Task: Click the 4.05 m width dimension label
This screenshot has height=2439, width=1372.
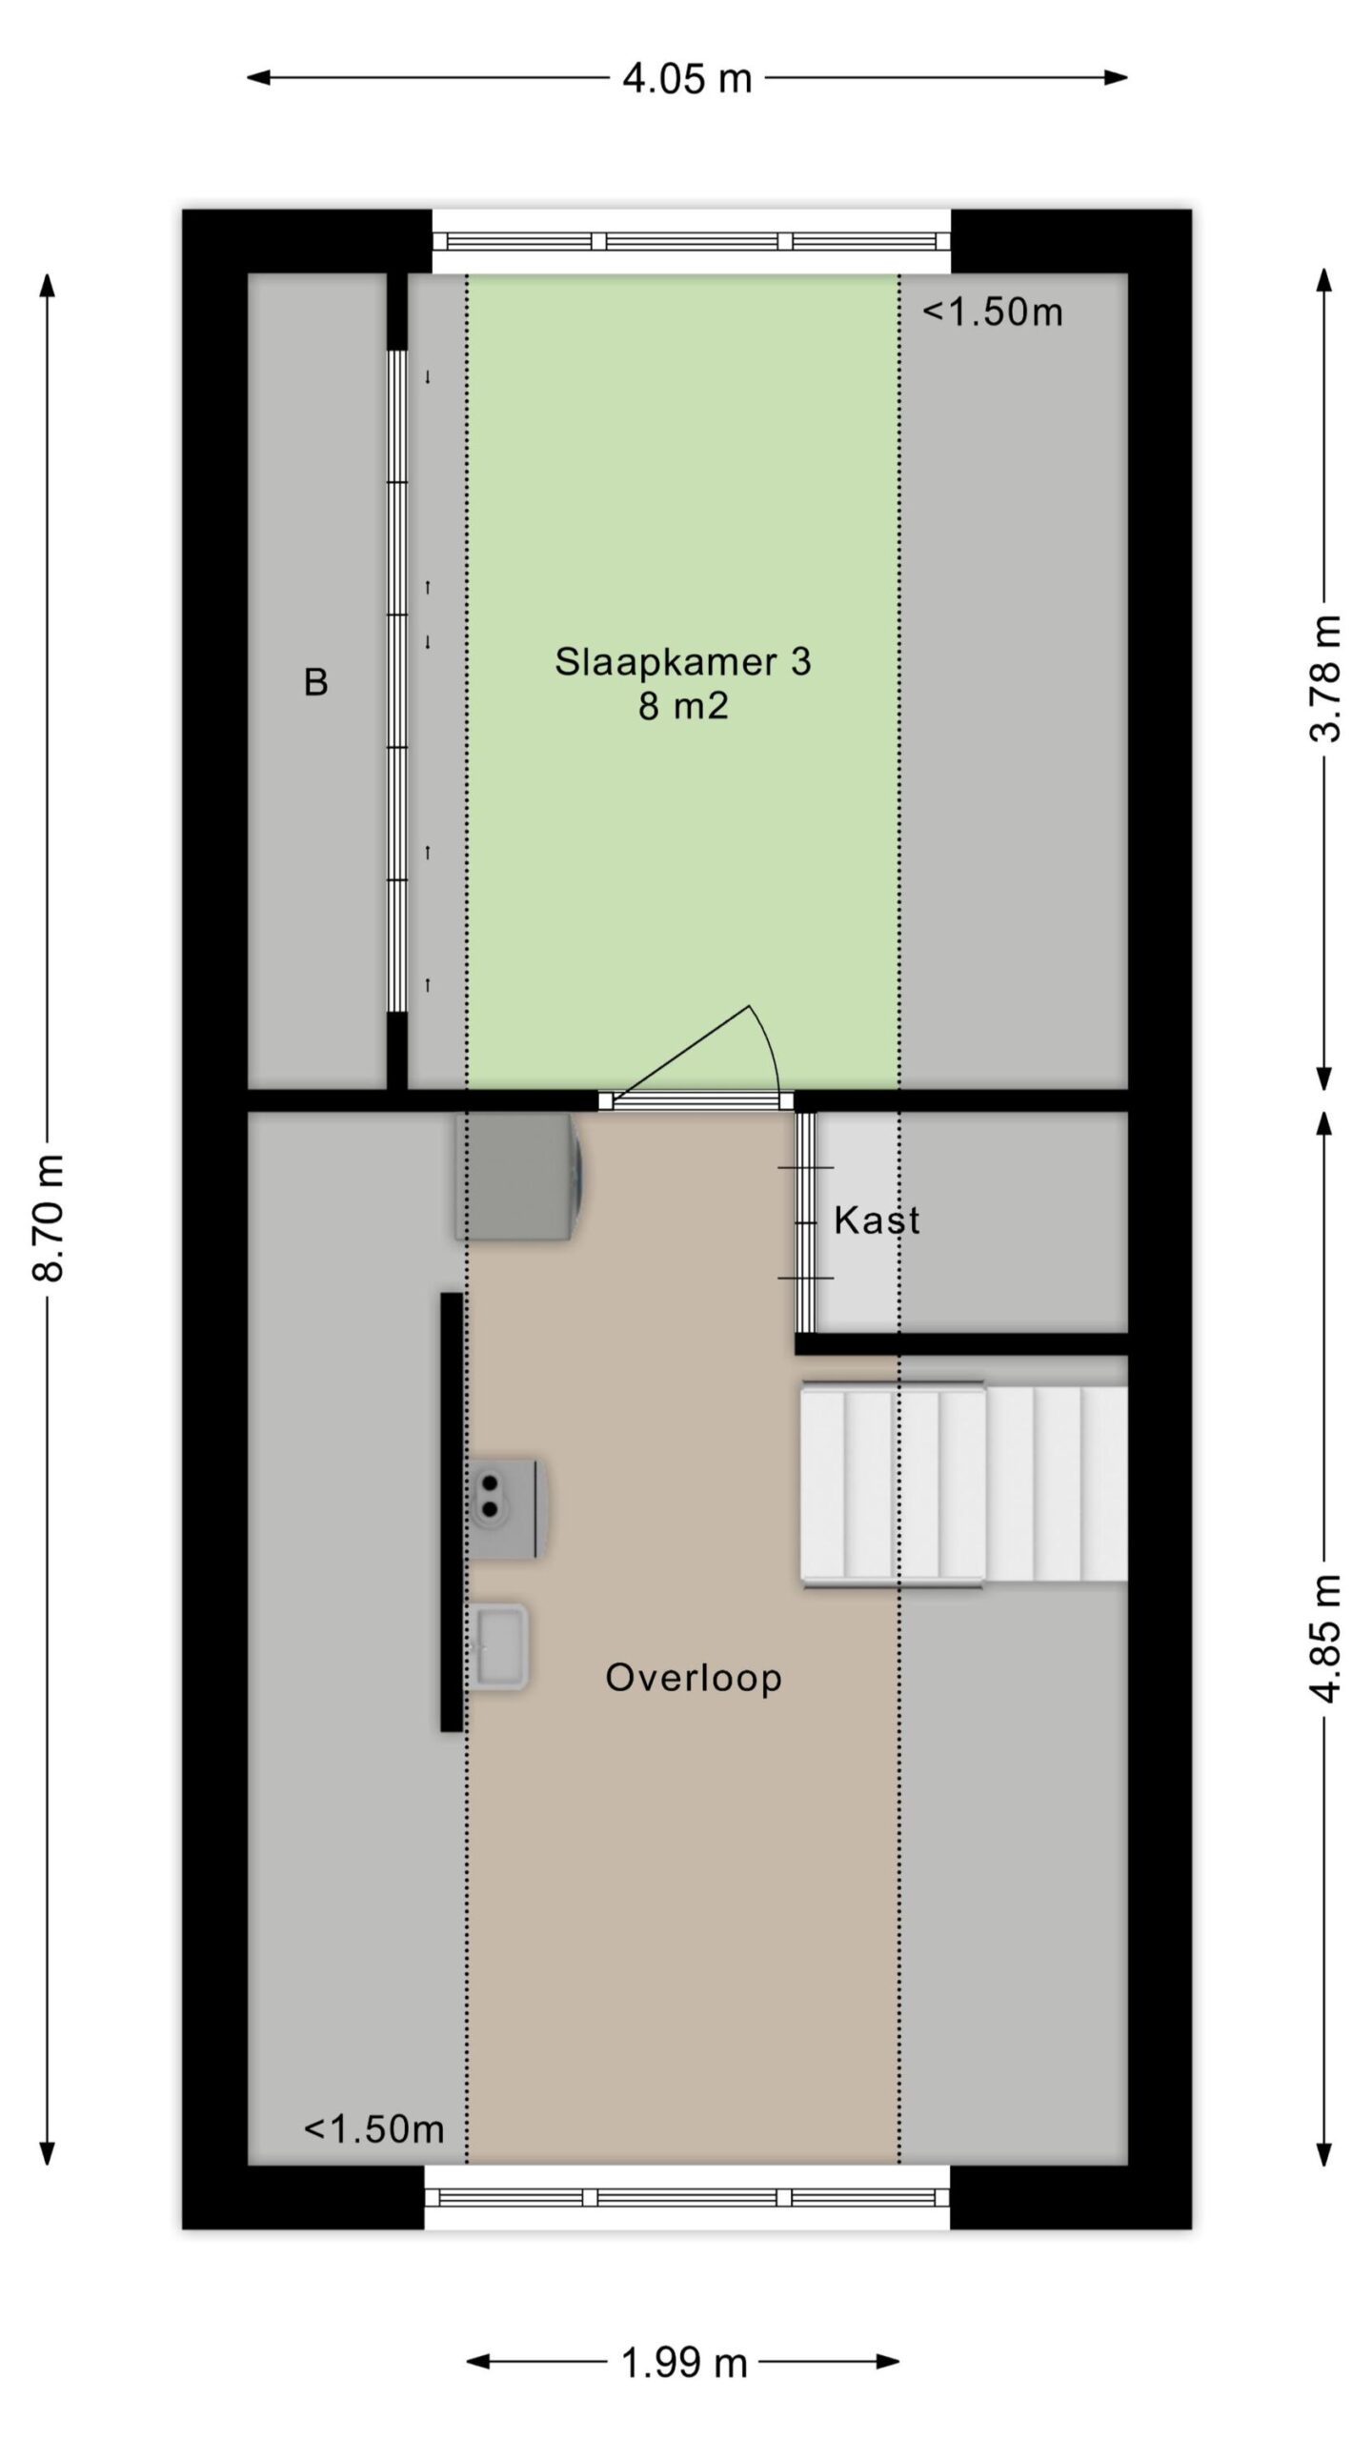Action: click(687, 78)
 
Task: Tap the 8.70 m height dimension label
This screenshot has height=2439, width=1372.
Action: click(48, 1217)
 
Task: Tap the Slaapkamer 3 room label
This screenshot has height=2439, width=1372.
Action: click(683, 661)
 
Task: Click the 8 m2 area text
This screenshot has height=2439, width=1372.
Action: click(683, 707)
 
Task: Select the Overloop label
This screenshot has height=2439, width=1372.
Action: click(694, 1677)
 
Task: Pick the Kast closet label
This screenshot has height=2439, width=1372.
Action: click(877, 1220)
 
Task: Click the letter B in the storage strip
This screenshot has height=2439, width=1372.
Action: click(316, 682)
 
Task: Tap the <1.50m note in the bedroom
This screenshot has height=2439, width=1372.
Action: click(993, 312)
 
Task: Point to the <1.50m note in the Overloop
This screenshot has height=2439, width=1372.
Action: click(374, 2129)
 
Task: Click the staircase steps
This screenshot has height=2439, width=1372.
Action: click(964, 1483)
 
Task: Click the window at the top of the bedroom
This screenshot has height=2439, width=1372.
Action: click(692, 241)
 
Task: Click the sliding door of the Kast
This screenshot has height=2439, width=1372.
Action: click(806, 1221)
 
